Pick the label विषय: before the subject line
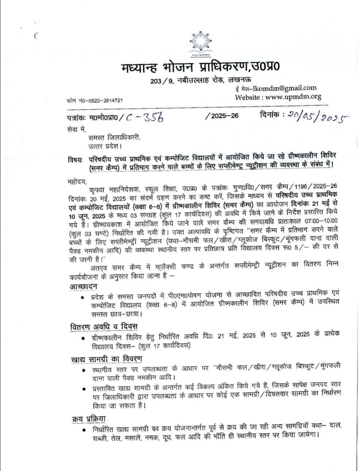[x=76, y=159]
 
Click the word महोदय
[x=78, y=181]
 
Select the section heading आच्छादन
[x=84, y=286]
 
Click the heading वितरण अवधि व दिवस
[x=104, y=326]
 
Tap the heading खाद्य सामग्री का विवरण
[x=106, y=359]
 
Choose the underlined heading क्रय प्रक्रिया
[x=89, y=419]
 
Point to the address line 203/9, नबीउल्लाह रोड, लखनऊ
[x=200, y=80]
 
